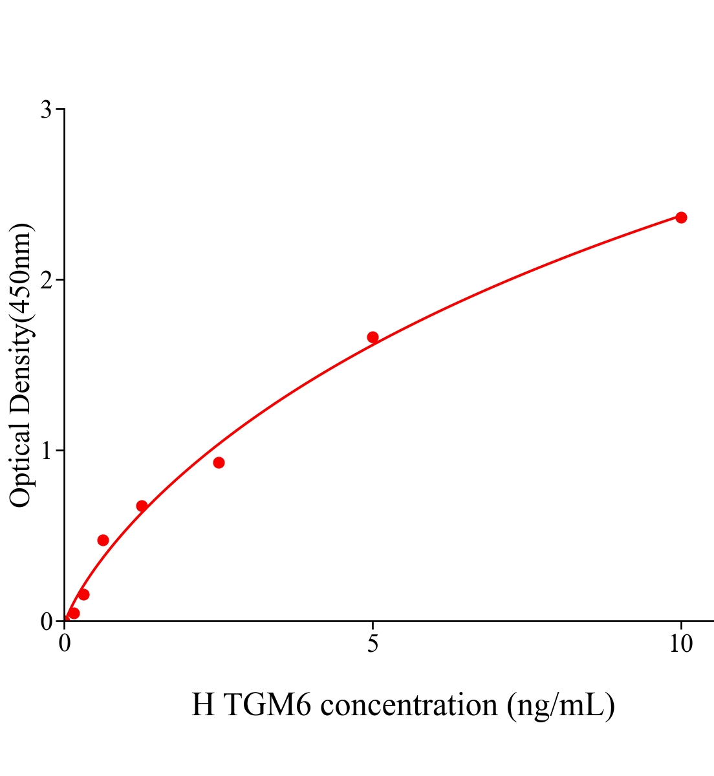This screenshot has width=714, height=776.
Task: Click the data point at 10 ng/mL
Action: pos(681,217)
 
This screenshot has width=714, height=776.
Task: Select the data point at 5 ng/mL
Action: pos(373,337)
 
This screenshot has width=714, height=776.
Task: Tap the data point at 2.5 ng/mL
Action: pos(219,462)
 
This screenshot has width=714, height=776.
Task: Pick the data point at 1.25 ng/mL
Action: pos(142,506)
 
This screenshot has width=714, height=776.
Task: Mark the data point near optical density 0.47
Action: pos(103,540)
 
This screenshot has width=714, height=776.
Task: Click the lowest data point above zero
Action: pos(74,613)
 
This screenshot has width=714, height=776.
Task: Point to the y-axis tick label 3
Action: pos(46,110)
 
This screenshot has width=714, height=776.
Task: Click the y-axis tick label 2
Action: pos(46,280)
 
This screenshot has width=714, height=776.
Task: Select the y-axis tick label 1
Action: pos(46,451)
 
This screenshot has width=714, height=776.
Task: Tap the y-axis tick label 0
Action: pos(46,621)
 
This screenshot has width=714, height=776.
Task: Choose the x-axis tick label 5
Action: pos(373,644)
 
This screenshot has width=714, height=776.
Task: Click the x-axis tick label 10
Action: pos(680,644)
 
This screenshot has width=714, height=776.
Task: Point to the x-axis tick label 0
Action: pos(65,644)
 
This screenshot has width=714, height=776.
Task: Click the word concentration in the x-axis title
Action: pos(409,705)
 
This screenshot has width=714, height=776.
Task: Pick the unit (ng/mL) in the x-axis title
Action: pos(560,705)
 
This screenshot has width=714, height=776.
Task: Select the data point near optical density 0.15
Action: pos(83,594)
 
